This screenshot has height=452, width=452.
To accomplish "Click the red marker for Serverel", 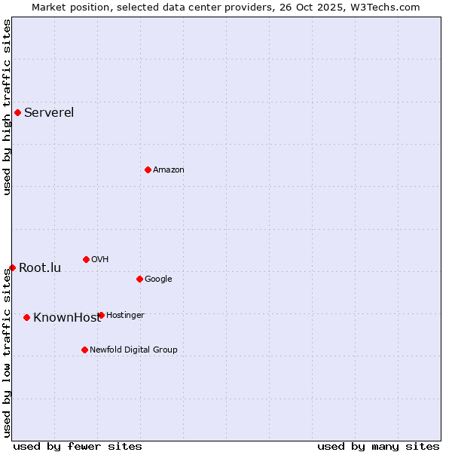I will (x=17, y=113).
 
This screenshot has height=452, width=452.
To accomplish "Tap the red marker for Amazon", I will (x=148, y=169).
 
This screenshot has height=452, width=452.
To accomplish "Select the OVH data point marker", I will (x=86, y=259).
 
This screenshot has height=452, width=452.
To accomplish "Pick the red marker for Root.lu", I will (x=12, y=267).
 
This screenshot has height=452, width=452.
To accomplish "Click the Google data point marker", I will (x=139, y=279).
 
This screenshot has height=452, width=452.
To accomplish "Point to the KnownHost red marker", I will (x=26, y=317).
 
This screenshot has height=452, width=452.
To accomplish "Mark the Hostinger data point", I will (x=101, y=315).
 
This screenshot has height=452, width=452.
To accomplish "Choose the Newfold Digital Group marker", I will (x=84, y=350).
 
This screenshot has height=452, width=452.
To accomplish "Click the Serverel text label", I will (x=49, y=113).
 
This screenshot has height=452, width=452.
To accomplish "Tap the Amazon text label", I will (x=168, y=169).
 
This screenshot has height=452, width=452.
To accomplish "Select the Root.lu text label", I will (x=40, y=267).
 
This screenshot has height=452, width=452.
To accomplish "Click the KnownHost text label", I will (x=66, y=317).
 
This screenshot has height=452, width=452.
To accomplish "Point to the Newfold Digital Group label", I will (x=133, y=350).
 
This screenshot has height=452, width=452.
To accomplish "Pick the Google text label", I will (x=158, y=279).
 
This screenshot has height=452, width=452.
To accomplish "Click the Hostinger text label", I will (x=125, y=315).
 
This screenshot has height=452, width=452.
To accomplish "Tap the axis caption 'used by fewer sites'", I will (x=78, y=446).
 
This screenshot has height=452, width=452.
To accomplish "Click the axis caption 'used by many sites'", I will (x=378, y=446).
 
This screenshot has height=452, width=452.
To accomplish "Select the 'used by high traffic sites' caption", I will (x=7, y=107).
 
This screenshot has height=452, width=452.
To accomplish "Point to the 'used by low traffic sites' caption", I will (x=7, y=353).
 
